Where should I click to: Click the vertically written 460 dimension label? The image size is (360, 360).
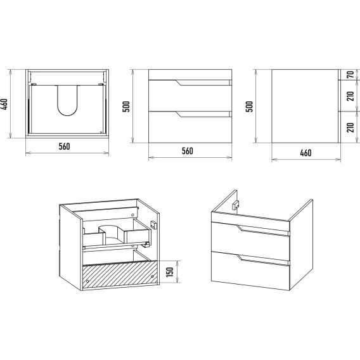tap(5, 104)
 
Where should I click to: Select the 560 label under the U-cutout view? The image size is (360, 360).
tap(64, 146)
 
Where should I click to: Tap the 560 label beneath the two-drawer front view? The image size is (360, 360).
tap(188, 151)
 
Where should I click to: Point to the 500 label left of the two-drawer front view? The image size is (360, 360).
tap(126, 106)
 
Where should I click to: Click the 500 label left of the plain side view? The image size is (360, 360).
tap(249, 106)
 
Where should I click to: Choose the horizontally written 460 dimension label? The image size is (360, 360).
tap(306, 153)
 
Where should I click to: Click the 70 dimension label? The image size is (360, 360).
tap(350, 75)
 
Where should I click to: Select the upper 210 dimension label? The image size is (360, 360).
tap(350, 96)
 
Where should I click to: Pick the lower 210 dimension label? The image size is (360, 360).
tap(350, 127)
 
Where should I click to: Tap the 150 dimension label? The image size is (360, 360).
tap(170, 272)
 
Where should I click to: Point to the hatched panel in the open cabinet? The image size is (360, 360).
tap(120, 274)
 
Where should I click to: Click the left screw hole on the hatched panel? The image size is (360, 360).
tap(87, 281)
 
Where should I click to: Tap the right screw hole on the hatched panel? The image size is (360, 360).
tap(152, 277)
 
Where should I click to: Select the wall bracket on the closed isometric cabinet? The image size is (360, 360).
tap(236, 205)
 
